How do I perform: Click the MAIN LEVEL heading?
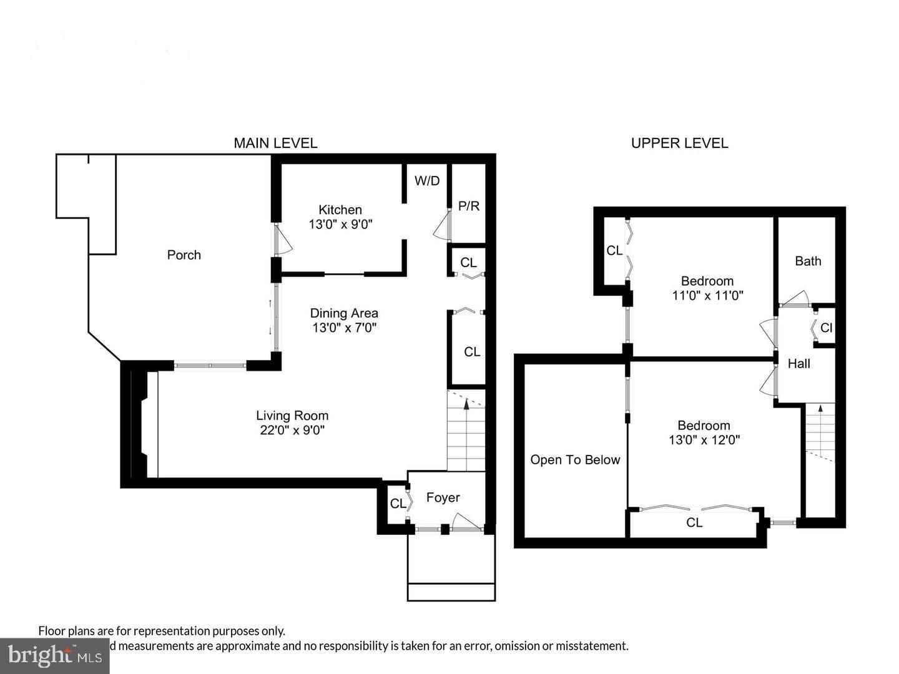click(x=275, y=143)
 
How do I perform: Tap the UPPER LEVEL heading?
click(x=679, y=143)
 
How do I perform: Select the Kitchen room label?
click(x=340, y=210)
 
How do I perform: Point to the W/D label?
click(x=427, y=181)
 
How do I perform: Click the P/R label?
click(x=469, y=206)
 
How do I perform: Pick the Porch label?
click(x=184, y=255)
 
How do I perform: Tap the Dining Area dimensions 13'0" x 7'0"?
click(x=345, y=327)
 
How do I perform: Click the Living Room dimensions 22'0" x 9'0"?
click(x=292, y=430)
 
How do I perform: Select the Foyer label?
click(x=443, y=497)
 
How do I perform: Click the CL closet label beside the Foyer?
click(x=397, y=503)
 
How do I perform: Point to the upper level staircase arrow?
click(x=820, y=409)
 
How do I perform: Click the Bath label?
click(x=808, y=261)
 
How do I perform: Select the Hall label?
click(x=799, y=363)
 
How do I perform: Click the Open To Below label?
click(x=575, y=460)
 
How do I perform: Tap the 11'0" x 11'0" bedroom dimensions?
click(x=707, y=295)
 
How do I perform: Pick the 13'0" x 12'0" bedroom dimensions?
click(x=704, y=440)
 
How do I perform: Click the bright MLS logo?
click(x=55, y=655)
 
